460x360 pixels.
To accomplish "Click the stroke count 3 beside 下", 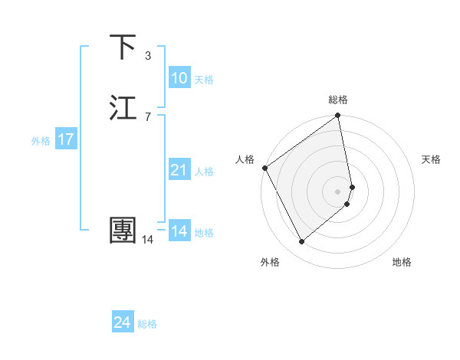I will tap(148, 55).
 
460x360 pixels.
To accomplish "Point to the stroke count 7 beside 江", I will tap(148, 116).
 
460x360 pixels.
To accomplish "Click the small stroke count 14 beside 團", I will tap(147, 240).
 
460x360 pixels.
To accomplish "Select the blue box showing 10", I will tap(179, 78).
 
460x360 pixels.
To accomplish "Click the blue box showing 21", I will tap(179, 170).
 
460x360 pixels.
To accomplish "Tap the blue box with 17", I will tap(65, 139).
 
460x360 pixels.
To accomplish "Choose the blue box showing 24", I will tap(122, 322).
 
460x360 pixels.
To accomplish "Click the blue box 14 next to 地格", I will tap(179, 231).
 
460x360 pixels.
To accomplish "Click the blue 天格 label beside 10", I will tap(204, 80).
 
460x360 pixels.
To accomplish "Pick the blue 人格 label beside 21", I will tap(204, 172).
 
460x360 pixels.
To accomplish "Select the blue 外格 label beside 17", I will tap(41, 141).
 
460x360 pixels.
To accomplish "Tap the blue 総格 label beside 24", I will tap(147, 324).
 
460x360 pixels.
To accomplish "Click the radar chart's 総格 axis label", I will tap(338, 100).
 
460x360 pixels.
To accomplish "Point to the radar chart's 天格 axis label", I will tap(432, 159).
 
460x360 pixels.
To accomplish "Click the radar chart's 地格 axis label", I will tap(402, 262).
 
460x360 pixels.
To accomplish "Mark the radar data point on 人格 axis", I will tap(264, 168).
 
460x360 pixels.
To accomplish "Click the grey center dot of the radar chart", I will tap(338, 191).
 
